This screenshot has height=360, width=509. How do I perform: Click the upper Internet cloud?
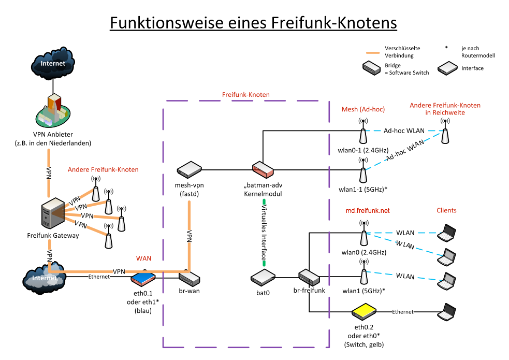pyautogui.click(x=53, y=63)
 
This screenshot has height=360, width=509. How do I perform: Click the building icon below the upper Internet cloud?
pyautogui.click(x=53, y=111)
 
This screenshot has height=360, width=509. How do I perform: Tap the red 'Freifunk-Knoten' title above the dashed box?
pyautogui.click(x=245, y=95)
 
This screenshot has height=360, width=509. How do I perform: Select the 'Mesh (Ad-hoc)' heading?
pyautogui.click(x=363, y=109)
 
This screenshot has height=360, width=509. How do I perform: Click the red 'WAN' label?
pyautogui.click(x=143, y=258)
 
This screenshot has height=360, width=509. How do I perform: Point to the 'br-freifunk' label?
pyautogui.click(x=309, y=291)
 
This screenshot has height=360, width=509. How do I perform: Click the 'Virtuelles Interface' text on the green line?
pyautogui.click(x=264, y=232)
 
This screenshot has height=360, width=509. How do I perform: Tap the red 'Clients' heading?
pyautogui.click(x=446, y=210)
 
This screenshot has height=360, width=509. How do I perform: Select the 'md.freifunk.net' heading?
pyautogui.click(x=368, y=210)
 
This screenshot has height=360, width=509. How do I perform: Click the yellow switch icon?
pyautogui.click(x=364, y=311)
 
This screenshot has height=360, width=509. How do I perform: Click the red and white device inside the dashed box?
pyautogui.click(x=263, y=169)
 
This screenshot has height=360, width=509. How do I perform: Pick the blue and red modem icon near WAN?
pyautogui.click(x=143, y=279)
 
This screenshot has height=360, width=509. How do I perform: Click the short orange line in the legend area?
pyautogui.click(x=373, y=53)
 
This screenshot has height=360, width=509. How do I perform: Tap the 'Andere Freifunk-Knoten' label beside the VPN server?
pyautogui.click(x=103, y=169)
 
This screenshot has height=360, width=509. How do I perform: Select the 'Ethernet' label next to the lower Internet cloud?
pyautogui.click(x=99, y=277)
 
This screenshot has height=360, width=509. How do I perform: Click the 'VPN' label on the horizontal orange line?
pyautogui.click(x=119, y=271)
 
